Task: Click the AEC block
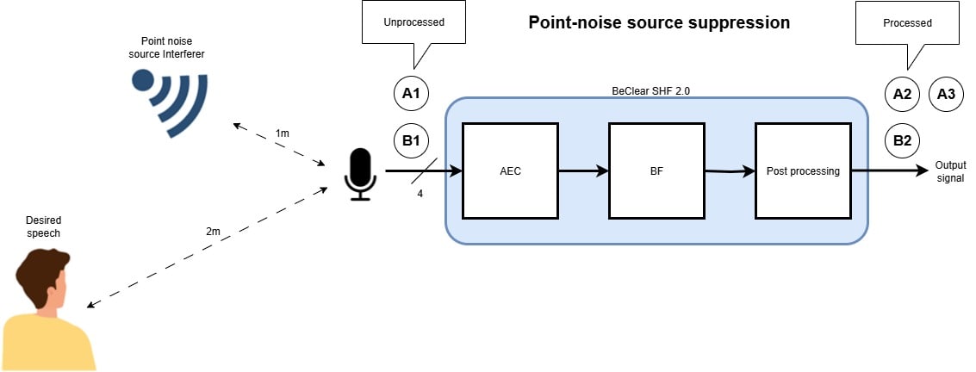510,170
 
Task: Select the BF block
656,170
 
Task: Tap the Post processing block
803,170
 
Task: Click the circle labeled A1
412,94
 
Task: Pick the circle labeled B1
412,140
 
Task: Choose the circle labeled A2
902,94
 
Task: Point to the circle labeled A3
946,94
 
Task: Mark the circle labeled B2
902,140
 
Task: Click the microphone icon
358,174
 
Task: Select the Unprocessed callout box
414,23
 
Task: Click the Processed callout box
908,23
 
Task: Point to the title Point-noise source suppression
659,23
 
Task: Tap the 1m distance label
283,133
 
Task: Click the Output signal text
951,171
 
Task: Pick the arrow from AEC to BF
582,170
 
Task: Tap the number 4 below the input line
420,193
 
